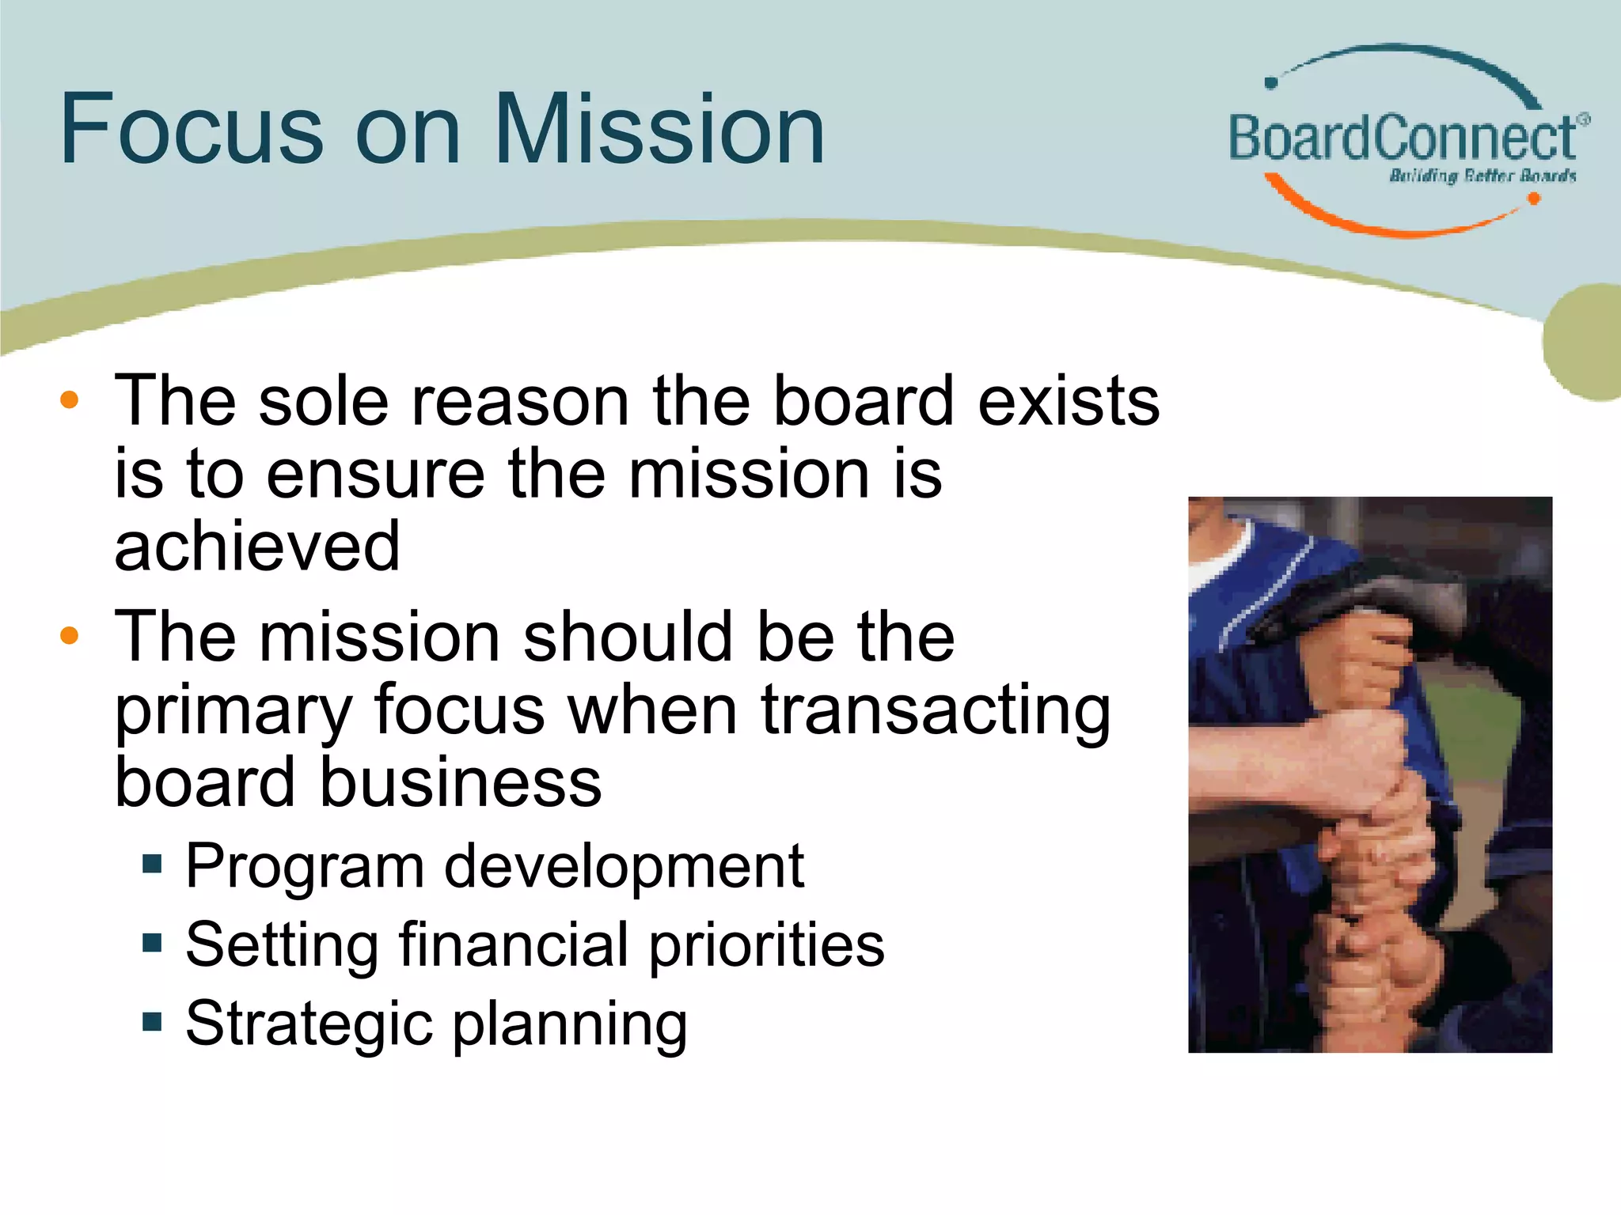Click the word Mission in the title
point(661,129)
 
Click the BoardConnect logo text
point(1402,138)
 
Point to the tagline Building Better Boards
point(1482,176)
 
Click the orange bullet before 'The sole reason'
point(70,400)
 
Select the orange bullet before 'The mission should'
point(70,635)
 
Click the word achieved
point(257,547)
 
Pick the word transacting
point(936,709)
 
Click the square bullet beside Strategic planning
point(152,1021)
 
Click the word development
point(624,867)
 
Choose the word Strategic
point(309,1024)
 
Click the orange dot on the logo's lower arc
point(1533,199)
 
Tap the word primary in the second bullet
point(233,710)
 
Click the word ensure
point(375,474)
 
